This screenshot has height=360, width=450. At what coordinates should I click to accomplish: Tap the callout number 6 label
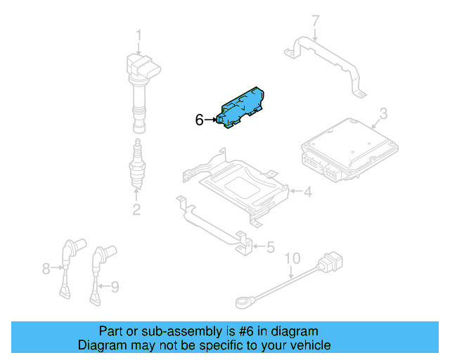[199, 121]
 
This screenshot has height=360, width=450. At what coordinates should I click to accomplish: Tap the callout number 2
[136, 209]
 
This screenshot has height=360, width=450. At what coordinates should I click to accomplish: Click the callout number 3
[383, 114]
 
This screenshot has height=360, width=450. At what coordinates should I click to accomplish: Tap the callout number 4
[307, 191]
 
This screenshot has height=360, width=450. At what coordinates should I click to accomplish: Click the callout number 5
[270, 247]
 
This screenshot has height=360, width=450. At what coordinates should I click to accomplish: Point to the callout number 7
[315, 20]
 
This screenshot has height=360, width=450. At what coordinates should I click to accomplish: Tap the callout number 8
[46, 268]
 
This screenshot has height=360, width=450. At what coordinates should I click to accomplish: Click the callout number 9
[115, 286]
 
